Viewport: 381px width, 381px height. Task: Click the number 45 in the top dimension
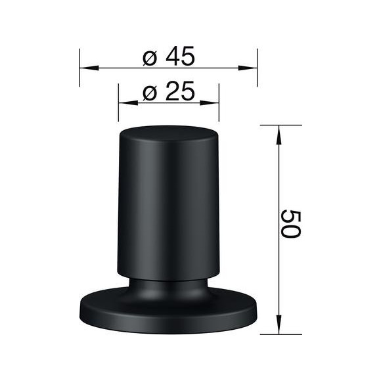(x=180, y=57)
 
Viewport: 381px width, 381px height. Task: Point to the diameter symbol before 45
(x=150, y=58)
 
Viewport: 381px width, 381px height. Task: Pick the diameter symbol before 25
(x=150, y=93)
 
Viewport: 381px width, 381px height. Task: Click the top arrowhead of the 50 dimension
(x=279, y=133)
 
